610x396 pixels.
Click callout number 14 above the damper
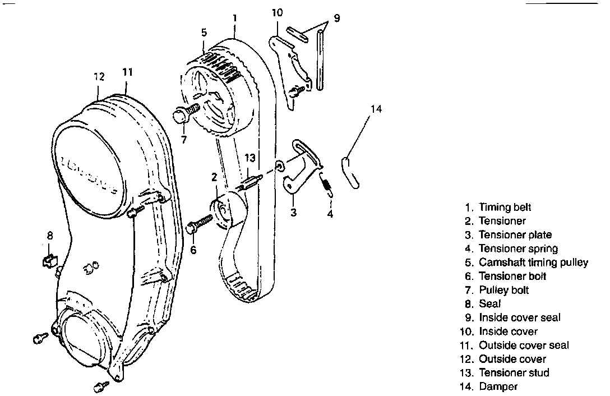point(376,109)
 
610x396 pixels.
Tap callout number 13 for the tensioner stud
point(250,158)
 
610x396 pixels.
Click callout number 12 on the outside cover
point(99,77)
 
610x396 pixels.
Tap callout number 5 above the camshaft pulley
point(205,33)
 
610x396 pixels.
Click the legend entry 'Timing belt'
point(505,208)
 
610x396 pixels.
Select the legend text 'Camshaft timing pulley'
point(533,263)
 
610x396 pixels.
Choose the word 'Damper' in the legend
point(498,386)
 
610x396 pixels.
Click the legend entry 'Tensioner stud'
point(514,372)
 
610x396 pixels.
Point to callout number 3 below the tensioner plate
point(293,213)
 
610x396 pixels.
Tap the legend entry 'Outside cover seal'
point(524,345)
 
